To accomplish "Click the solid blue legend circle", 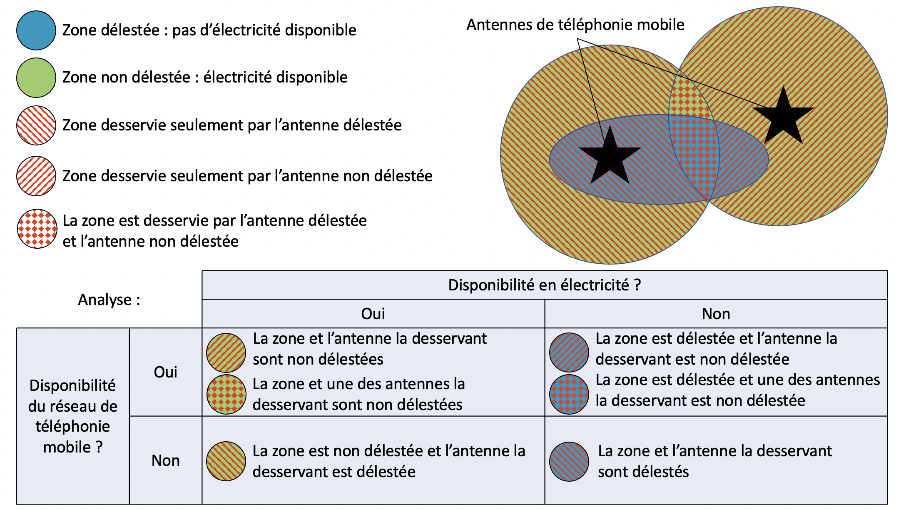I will point(36,30).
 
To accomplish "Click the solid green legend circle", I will point(36,77).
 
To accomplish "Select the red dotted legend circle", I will point(37,229).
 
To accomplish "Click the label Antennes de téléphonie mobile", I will point(575,25).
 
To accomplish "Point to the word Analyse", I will point(109,300).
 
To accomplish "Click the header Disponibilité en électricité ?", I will point(544,285).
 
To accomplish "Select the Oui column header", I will point(373,314).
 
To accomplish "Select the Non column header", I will point(716,314).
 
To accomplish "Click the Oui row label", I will point(165,372).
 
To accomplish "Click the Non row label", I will point(165,460).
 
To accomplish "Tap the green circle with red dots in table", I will point(226,394).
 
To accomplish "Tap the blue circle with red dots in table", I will point(569,394).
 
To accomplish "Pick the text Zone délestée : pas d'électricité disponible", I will point(209,30).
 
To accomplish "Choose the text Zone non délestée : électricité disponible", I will point(205,77).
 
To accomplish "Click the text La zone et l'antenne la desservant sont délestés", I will point(714,461).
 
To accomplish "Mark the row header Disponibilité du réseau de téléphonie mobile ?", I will point(73,416).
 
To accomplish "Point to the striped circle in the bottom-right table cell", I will point(569,461).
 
